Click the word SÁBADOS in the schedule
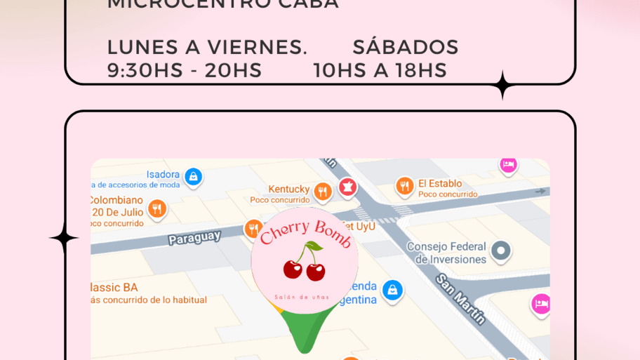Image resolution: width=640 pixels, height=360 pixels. point(405,48)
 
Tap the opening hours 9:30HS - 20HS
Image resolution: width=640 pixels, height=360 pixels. point(184,70)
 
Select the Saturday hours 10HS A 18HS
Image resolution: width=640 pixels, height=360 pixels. point(380,70)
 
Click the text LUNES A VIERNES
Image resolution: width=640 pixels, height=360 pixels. point(207,48)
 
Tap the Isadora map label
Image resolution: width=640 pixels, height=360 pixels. point(163,175)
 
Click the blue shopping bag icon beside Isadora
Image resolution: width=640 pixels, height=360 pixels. point(193,175)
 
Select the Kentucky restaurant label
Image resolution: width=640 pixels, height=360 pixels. point(288,189)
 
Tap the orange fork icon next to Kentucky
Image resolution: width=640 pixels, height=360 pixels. point(322,190)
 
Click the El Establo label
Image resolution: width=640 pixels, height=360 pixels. point(440,184)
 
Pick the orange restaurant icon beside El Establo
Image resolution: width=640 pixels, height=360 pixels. point(404,186)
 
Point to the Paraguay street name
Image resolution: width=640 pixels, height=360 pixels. point(194,237)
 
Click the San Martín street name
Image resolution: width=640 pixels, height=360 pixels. point(460,299)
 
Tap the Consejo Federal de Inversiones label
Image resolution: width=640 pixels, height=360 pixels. point(446,253)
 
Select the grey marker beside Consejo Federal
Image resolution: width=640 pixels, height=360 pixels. point(500,250)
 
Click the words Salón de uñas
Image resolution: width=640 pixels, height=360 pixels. point(302,297)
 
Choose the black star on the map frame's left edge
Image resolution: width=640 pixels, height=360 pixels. point(64,239)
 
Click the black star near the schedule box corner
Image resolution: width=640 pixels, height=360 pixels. point(502,86)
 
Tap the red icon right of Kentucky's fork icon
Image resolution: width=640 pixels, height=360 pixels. point(347,187)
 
